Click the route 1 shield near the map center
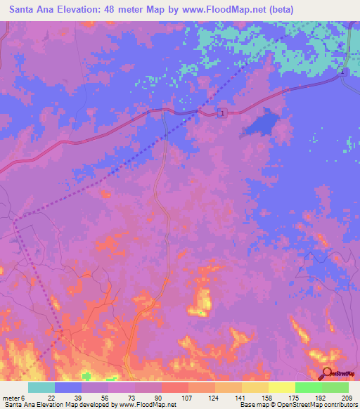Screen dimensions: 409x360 222,113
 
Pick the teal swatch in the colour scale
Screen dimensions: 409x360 41,387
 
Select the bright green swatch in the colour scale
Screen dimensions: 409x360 308,387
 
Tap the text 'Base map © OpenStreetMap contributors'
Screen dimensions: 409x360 298,404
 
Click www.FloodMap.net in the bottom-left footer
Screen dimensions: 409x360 147,404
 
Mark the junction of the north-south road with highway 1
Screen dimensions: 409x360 164,110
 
